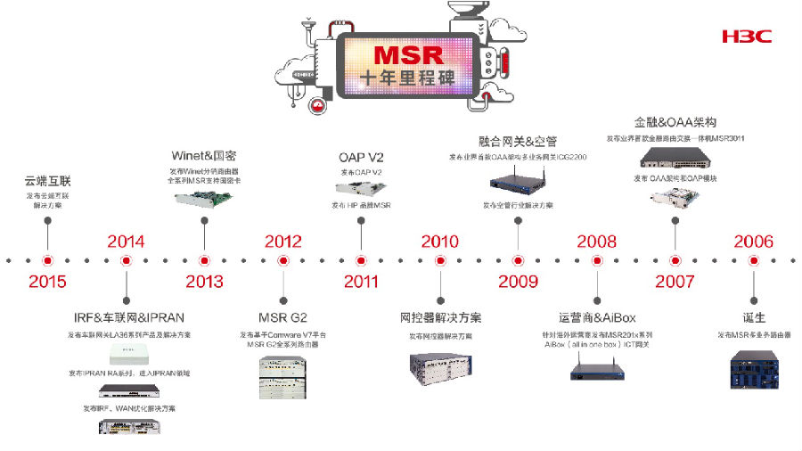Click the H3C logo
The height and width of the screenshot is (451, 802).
(746, 37)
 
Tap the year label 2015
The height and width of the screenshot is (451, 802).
(47, 282)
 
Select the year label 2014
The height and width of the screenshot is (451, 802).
(126, 241)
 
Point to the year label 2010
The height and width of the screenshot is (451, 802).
(439, 241)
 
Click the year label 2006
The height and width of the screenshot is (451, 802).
(753, 241)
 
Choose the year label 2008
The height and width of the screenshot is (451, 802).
(596, 241)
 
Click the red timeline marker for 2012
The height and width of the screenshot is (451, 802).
(282, 260)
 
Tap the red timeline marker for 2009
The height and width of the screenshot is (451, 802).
(518, 260)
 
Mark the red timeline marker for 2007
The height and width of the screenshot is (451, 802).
(675, 260)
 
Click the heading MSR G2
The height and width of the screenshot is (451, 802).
(282, 317)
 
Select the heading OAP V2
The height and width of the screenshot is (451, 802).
(361, 159)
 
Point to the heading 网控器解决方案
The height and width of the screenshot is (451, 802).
(439, 317)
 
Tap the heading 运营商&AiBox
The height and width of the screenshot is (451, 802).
(596, 317)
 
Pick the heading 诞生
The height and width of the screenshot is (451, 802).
(753, 317)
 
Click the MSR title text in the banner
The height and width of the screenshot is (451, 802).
(407, 57)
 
